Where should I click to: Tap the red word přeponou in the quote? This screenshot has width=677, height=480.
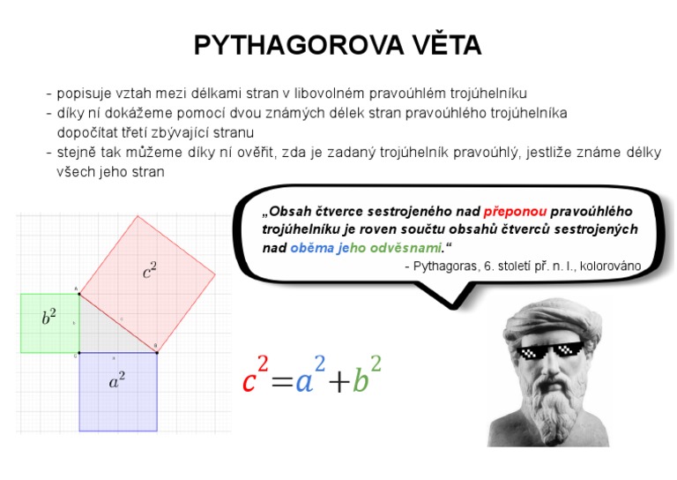pos(515,212)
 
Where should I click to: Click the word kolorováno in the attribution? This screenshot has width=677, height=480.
pos(612,266)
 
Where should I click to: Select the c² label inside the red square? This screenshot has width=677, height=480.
pos(150,272)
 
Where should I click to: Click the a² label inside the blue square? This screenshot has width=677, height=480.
pos(116,380)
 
